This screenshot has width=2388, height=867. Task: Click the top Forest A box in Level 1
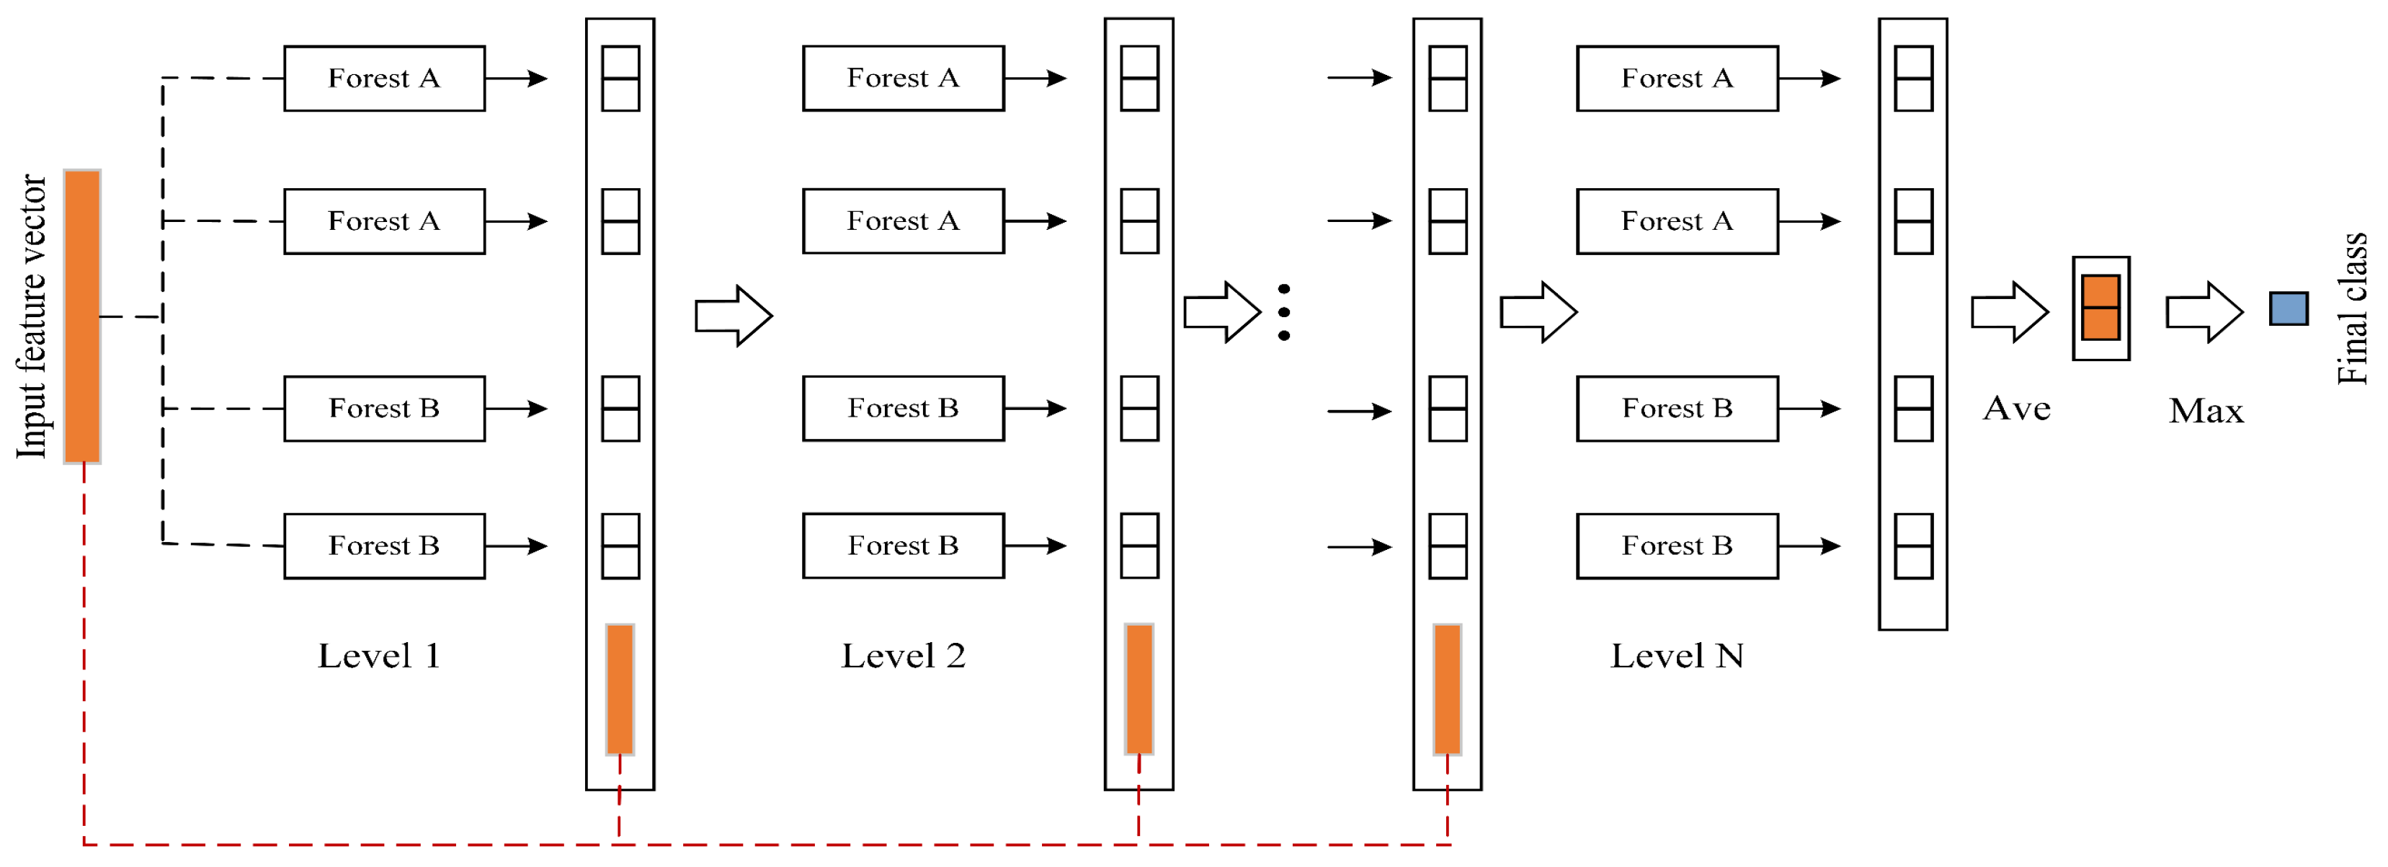[x=384, y=79]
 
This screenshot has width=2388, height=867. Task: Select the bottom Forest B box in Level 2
[x=903, y=546]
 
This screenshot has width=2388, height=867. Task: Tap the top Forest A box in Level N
[x=1676, y=79]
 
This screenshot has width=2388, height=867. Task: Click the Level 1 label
[x=378, y=657]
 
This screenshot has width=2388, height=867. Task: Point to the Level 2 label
[x=903, y=657]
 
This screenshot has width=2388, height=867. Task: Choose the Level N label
[x=1676, y=657]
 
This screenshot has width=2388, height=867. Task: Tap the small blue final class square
[x=2288, y=308]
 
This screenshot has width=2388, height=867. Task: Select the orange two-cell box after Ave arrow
[x=2100, y=308]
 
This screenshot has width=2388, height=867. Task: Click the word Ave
[x=2016, y=409]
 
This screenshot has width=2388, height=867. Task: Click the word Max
[x=2206, y=411]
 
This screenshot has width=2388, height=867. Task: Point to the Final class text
[x=2352, y=308]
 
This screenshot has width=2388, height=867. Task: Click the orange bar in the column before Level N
[x=1447, y=689]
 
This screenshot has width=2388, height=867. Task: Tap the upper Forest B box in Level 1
[x=384, y=409]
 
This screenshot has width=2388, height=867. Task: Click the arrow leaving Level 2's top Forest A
[x=1035, y=79]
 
